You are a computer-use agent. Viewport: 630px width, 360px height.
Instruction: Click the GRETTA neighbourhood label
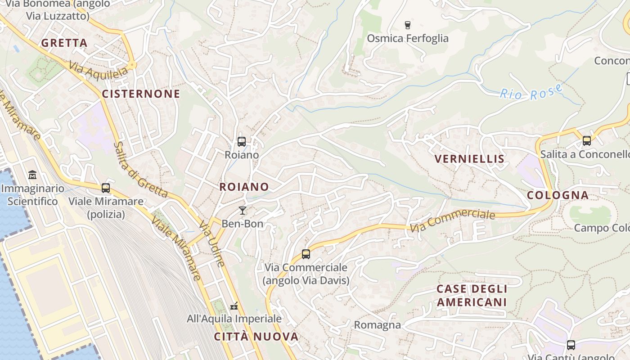64,43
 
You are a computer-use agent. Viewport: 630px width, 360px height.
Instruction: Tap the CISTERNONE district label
141,94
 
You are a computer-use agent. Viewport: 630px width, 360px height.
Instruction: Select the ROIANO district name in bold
244,187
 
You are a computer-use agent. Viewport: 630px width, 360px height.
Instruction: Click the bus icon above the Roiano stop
242,142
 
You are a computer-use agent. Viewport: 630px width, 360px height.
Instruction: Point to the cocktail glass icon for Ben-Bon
243,210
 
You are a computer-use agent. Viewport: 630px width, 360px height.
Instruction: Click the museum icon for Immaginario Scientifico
32,175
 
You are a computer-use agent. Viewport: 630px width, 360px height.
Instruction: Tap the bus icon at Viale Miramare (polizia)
106,188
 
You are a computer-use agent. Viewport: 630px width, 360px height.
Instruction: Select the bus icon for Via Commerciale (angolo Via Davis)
306,254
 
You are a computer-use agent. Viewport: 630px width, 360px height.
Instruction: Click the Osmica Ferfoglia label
408,38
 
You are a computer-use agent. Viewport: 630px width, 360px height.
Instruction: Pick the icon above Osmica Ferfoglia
408,25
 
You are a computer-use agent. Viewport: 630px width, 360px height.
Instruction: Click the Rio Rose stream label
531,92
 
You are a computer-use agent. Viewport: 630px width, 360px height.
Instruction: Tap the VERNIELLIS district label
470,159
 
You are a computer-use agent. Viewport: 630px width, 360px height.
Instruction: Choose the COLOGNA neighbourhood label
558,195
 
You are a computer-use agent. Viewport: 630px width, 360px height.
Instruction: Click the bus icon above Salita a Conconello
587,140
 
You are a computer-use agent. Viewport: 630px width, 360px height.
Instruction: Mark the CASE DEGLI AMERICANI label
472,295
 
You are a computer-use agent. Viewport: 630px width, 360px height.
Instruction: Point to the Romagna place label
377,325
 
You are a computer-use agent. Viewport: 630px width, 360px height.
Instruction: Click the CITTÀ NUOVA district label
256,337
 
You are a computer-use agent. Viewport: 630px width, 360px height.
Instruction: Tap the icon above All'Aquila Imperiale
234,306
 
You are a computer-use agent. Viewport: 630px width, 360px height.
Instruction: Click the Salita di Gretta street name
140,170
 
